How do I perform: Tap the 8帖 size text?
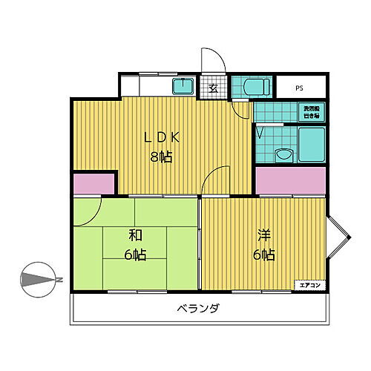[162, 157]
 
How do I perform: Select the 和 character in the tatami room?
[134, 236]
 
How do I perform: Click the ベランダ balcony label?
[197, 308]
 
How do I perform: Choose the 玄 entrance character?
[212, 88]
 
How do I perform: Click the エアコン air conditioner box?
[309, 285]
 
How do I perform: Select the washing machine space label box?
[310, 112]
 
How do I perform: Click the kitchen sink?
[183, 86]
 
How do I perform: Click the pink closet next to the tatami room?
[94, 184]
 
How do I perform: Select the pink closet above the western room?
[291, 180]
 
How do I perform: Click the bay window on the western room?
[338, 237]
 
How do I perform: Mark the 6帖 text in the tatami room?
[134, 255]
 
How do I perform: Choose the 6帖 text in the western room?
[264, 255]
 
